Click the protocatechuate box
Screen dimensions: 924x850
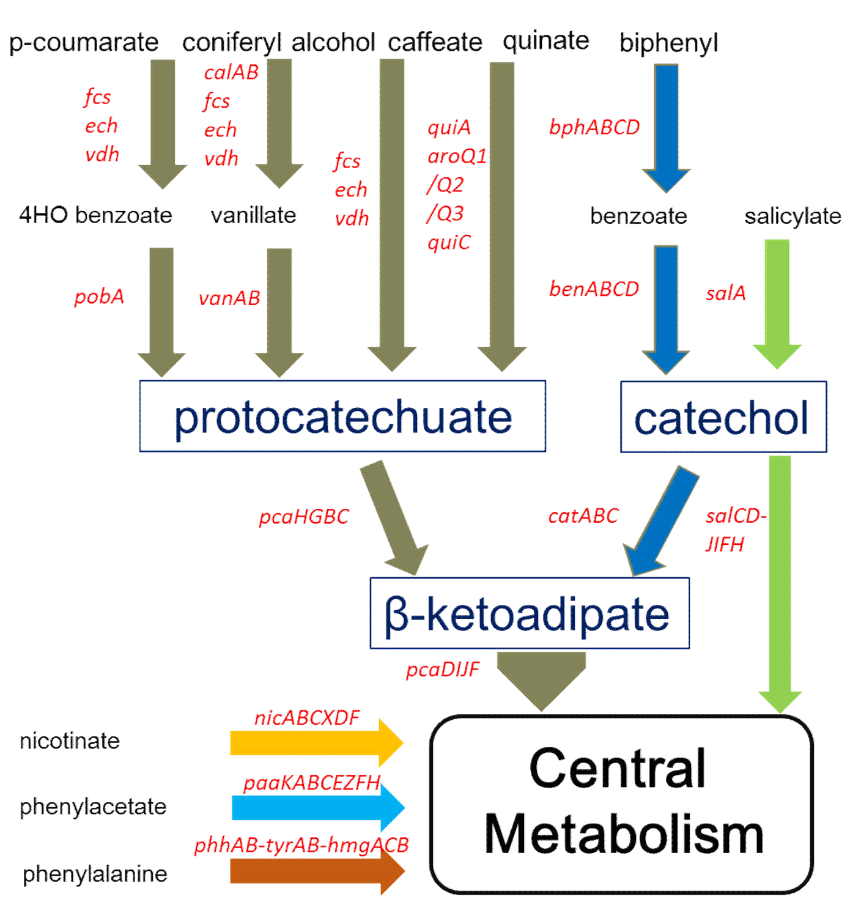pyautogui.click(x=342, y=416)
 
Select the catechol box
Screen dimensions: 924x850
pyautogui.click(x=723, y=417)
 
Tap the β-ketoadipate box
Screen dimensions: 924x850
pyautogui.click(x=530, y=613)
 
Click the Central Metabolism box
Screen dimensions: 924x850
pyautogui.click(x=621, y=804)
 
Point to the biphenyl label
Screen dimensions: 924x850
pyautogui.click(x=668, y=43)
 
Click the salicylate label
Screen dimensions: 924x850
pyautogui.click(x=793, y=216)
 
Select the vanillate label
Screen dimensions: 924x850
pyautogui.click(x=253, y=215)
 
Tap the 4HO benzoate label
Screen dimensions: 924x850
pyautogui.click(x=95, y=215)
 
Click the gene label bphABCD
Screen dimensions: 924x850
pyautogui.click(x=594, y=127)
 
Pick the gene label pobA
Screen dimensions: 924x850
pyautogui.click(x=99, y=297)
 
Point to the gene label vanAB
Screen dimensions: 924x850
pyautogui.click(x=229, y=298)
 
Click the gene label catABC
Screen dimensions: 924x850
pyautogui.click(x=583, y=516)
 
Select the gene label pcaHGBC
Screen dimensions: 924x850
pyautogui.click(x=303, y=517)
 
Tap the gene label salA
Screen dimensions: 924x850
pyautogui.click(x=725, y=294)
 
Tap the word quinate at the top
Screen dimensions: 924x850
pyautogui.click(x=545, y=41)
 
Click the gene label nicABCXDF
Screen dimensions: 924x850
pyautogui.click(x=307, y=718)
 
